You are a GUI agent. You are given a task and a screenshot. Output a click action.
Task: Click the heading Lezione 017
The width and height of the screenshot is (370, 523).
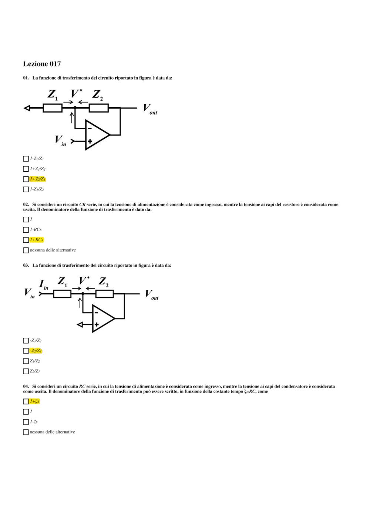click(42, 64)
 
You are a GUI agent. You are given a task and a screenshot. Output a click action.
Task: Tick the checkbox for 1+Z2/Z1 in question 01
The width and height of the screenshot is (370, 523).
click(26, 179)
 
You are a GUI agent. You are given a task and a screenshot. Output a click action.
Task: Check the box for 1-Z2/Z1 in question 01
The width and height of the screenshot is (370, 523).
click(26, 159)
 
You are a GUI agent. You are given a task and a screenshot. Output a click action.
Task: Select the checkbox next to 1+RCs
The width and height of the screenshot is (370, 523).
click(26, 240)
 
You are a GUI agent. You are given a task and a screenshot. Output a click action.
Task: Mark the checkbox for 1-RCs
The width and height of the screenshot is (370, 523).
click(26, 230)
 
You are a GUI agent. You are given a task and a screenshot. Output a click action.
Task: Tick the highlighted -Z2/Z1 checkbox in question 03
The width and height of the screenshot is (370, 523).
click(26, 351)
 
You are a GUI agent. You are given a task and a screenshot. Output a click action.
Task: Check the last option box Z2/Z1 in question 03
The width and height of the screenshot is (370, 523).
click(26, 371)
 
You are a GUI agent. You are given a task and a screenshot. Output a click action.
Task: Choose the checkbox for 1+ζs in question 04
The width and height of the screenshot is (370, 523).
click(26, 401)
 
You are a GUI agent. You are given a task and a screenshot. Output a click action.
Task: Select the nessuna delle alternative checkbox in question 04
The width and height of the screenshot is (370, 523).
click(26, 432)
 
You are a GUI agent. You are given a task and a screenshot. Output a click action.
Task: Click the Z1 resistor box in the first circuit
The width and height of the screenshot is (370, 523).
click(53, 108)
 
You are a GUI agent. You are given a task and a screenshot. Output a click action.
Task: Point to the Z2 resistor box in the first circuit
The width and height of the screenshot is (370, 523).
click(98, 108)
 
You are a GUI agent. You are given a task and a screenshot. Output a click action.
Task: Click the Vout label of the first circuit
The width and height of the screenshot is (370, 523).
click(150, 109)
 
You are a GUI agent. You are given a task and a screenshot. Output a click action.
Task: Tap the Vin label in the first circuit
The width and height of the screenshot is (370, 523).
click(61, 141)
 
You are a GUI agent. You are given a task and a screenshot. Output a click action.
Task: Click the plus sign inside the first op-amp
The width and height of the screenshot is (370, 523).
click(90, 141)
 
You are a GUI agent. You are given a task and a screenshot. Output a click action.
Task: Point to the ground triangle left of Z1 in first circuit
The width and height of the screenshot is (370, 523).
click(27, 108)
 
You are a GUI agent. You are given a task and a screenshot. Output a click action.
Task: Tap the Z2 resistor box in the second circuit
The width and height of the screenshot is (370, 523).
click(105, 294)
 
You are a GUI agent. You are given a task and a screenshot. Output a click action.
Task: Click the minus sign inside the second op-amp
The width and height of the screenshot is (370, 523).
click(96, 313)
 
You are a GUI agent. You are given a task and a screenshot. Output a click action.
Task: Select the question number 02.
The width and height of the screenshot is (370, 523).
click(26, 204)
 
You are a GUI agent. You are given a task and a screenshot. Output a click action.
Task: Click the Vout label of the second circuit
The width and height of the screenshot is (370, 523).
click(152, 295)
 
